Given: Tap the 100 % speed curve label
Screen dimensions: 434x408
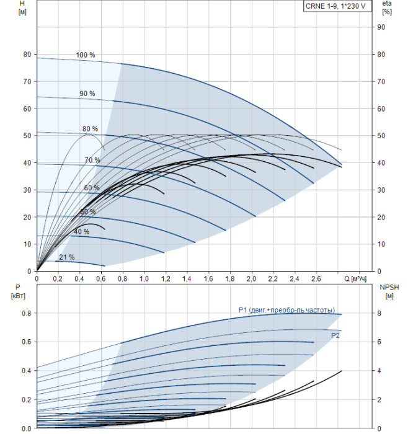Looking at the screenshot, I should [x=86, y=55].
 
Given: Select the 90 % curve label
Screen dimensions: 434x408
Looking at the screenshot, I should [x=87, y=94].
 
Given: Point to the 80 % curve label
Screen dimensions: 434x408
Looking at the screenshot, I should [x=90, y=129].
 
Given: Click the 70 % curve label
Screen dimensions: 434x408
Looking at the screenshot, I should [x=92, y=161].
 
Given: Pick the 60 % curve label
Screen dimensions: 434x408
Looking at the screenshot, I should [x=92, y=188].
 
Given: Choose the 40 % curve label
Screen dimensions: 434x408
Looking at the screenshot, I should [x=81, y=232].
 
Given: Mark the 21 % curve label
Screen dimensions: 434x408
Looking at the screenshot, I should [x=66, y=257].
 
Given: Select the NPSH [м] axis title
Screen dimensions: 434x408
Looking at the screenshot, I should [x=388, y=293].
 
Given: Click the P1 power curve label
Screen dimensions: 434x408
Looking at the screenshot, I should [x=286, y=310].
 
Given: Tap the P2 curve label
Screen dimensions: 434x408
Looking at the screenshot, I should [x=335, y=335].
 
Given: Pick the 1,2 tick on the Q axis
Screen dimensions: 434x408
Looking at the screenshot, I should [x=166, y=279].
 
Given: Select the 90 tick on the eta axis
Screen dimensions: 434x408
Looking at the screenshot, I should [x=382, y=27].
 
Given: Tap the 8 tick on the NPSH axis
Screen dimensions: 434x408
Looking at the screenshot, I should [x=380, y=314].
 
